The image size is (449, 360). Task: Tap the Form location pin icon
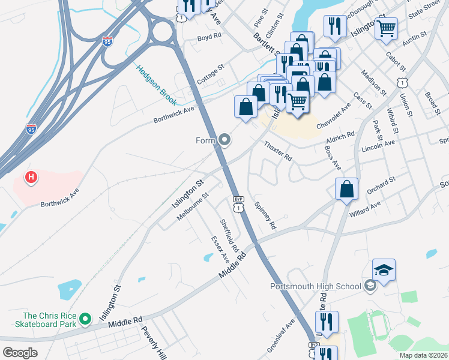click(x=225, y=140)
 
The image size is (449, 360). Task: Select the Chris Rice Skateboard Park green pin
click(x=85, y=317)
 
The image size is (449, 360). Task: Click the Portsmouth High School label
click(x=315, y=286)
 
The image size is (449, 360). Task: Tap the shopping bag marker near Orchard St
click(x=346, y=190)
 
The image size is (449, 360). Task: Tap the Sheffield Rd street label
click(x=229, y=235)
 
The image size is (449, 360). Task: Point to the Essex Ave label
click(x=220, y=249)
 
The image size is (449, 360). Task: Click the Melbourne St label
click(x=192, y=206)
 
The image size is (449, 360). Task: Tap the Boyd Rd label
click(x=209, y=37)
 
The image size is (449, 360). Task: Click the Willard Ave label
click(x=366, y=208)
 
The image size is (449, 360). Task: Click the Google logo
click(x=20, y=353)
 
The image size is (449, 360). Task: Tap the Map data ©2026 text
click(x=423, y=355)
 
